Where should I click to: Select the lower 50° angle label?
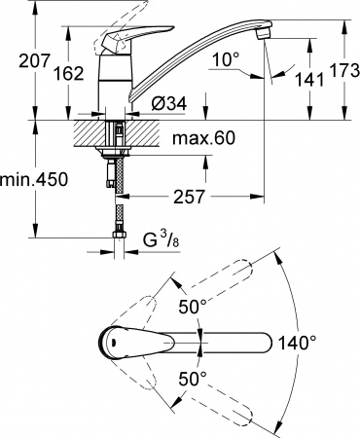pyautogui.click(x=193, y=381)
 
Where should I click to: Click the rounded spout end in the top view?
pyautogui.click(x=265, y=344)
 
